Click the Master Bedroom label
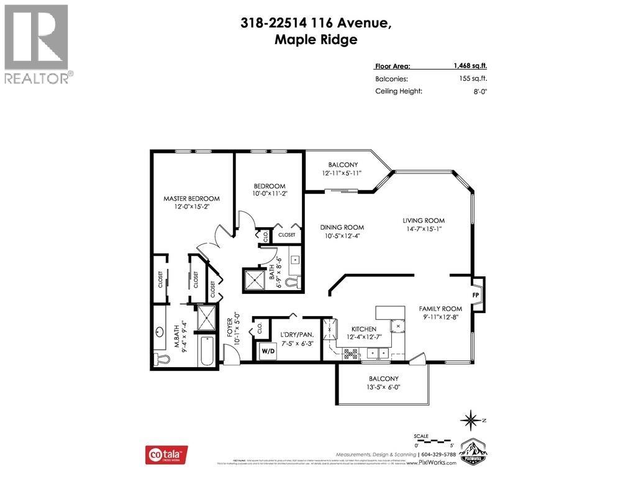191,199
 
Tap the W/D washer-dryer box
268,351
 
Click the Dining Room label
342,227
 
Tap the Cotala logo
166,455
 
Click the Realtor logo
37,43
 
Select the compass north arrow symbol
471,420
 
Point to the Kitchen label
363,329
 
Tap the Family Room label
440,309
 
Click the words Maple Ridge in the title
316,40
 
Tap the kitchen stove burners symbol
350,353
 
